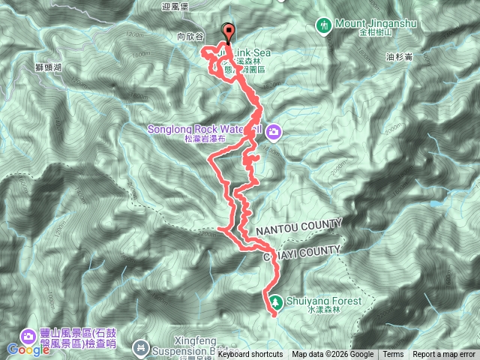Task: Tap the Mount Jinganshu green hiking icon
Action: tap(323, 25)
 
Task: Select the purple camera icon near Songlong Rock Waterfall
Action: tap(274, 132)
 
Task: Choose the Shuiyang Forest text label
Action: tap(324, 301)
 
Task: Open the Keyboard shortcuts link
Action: tap(250, 355)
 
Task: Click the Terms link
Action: tap(393, 355)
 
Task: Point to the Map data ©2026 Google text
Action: tap(332, 355)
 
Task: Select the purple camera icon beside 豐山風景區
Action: tap(31, 335)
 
